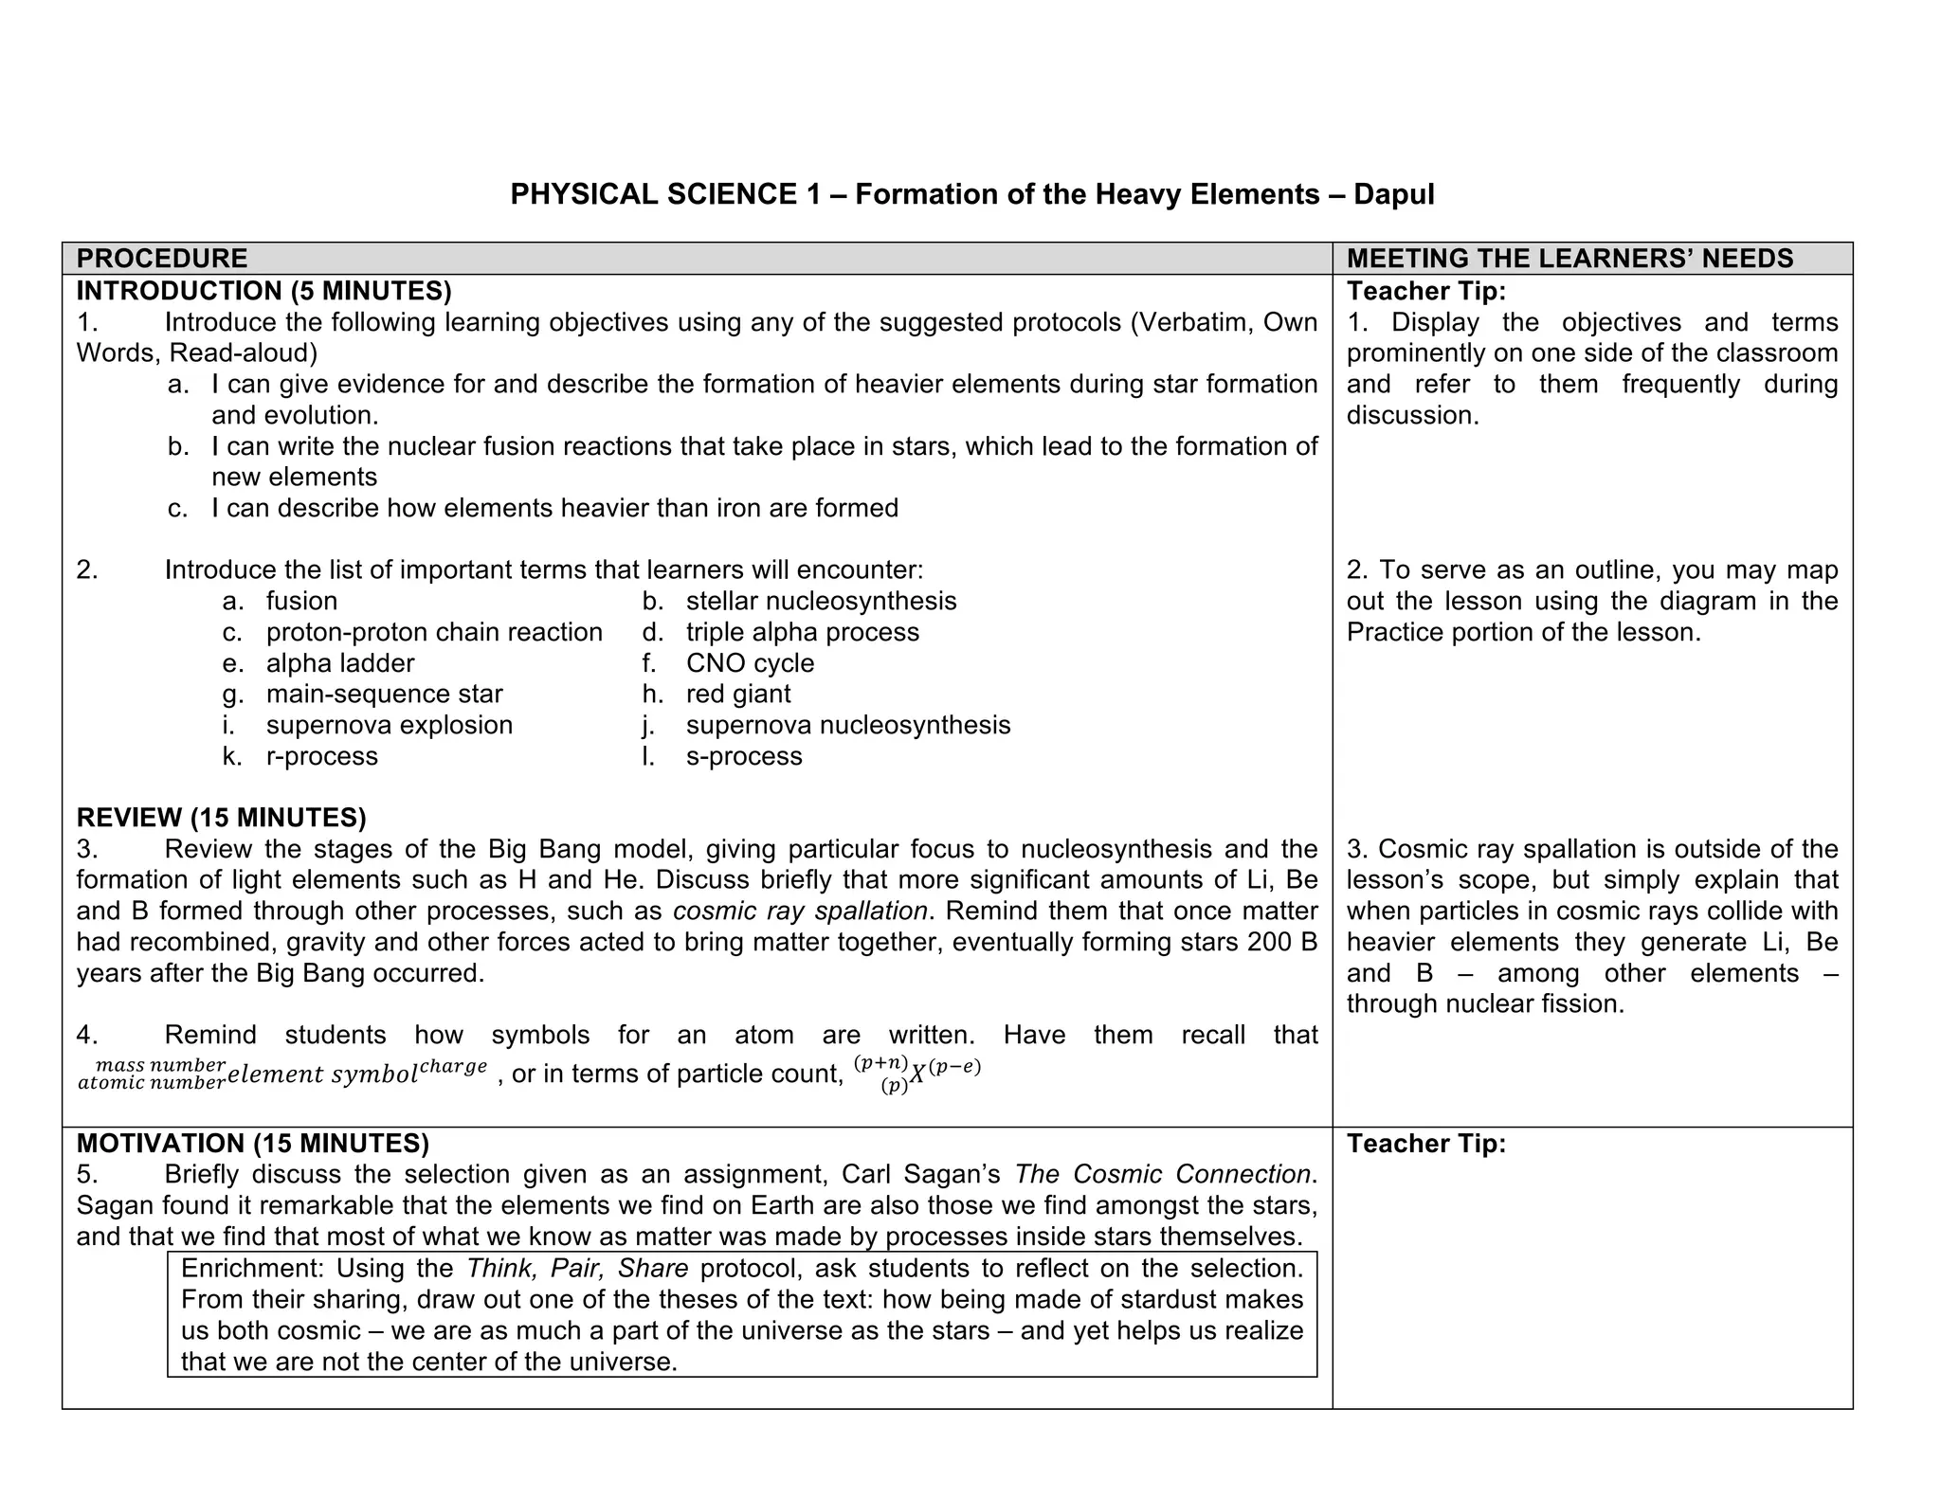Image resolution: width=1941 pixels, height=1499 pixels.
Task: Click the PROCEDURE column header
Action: pyautogui.click(x=162, y=258)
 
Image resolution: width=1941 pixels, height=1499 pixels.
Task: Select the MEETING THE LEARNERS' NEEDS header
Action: pyautogui.click(x=1569, y=258)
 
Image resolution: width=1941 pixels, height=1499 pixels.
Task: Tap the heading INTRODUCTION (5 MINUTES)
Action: pyautogui.click(x=263, y=290)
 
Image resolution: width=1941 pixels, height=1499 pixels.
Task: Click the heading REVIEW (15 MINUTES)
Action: pyautogui.click(x=221, y=817)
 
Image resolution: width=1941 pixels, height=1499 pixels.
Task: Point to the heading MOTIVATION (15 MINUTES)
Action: pyautogui.click(x=252, y=1144)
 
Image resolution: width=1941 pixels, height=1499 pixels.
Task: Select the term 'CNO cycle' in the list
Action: pyautogui.click(x=750, y=663)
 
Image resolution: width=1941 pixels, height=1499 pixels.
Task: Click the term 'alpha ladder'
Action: pyautogui.click(x=340, y=663)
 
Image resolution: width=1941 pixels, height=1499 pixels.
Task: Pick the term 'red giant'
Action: pyautogui.click(x=738, y=694)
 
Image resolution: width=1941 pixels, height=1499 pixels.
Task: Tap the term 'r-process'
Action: pyautogui.click(x=321, y=756)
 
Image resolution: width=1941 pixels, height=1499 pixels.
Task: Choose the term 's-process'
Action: pyautogui.click(x=744, y=756)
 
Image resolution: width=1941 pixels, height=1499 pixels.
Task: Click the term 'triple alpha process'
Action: pyautogui.click(x=802, y=632)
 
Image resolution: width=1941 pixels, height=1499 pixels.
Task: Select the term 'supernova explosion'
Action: pyautogui.click(x=389, y=725)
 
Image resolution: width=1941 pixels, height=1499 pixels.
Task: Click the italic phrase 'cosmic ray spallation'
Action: pyautogui.click(x=800, y=911)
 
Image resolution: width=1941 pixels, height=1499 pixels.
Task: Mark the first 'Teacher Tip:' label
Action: pyautogui.click(x=1425, y=290)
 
